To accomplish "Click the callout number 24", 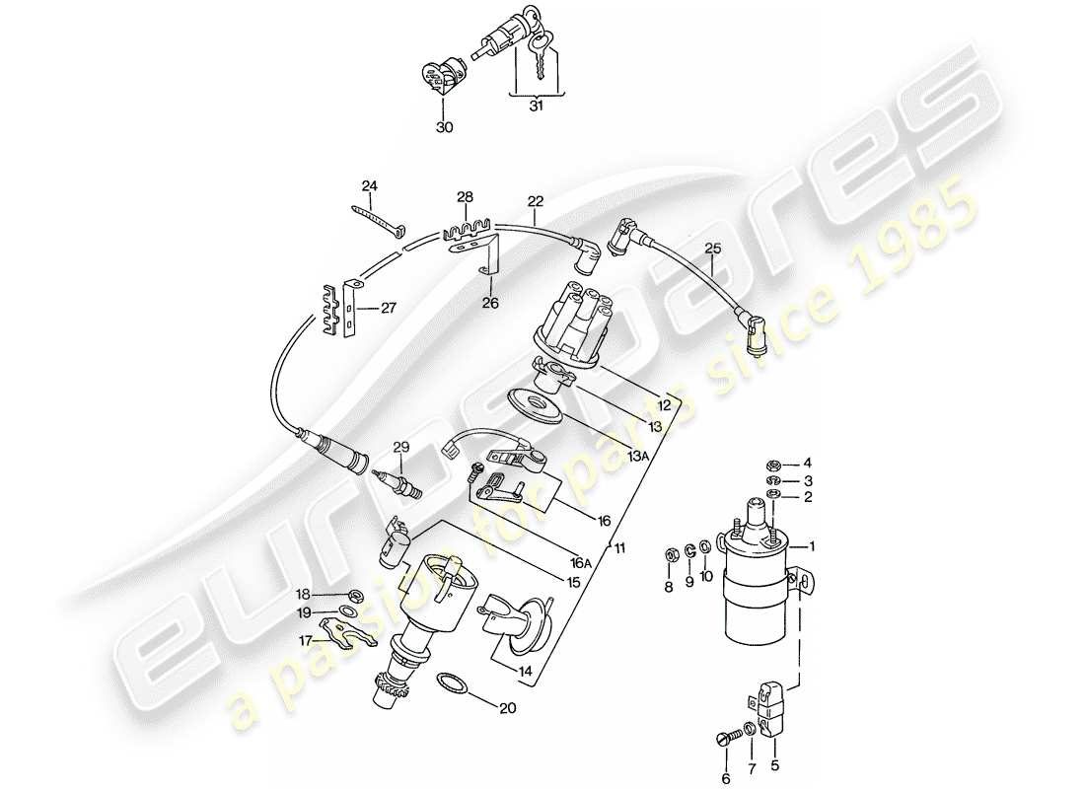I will coord(369,185).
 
